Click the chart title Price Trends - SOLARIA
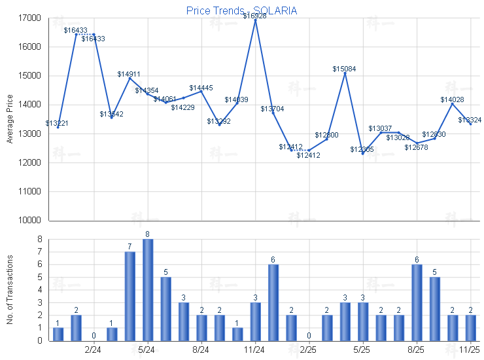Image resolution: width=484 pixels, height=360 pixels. pyautogui.click(x=241, y=10)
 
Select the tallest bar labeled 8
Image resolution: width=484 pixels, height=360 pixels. pyautogui.click(x=148, y=289)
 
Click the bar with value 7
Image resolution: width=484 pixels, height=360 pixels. pyautogui.click(x=130, y=296)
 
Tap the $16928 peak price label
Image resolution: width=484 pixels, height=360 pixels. pyautogui.click(x=255, y=15)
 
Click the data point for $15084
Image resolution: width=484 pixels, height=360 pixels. pyautogui.click(x=345, y=73)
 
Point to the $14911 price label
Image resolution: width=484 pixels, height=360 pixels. pyautogui.click(x=129, y=74)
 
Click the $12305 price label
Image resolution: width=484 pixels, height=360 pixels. pyautogui.click(x=362, y=150)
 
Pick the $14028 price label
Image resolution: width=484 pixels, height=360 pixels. pyautogui.click(x=452, y=99)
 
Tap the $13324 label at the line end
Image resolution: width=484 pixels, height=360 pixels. pyautogui.click(x=470, y=120)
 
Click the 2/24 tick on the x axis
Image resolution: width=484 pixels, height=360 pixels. pyautogui.click(x=94, y=350)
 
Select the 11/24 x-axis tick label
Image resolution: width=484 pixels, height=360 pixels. pyautogui.click(x=255, y=350)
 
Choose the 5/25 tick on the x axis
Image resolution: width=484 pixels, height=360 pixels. pyautogui.click(x=362, y=350)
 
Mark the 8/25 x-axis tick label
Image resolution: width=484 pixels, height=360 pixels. pyautogui.click(x=416, y=350)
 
